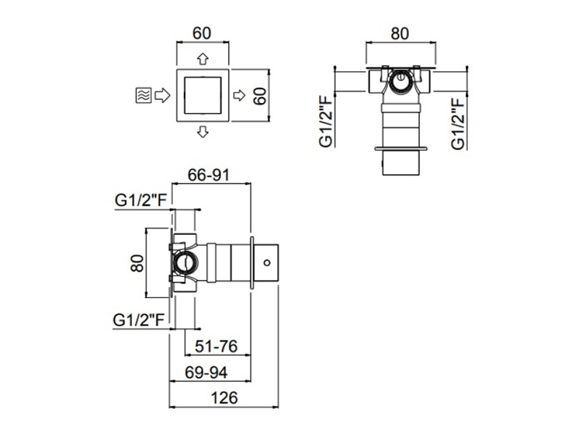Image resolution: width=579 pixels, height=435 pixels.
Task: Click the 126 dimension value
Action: [224, 398]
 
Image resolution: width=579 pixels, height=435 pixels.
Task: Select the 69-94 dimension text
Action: [206, 373]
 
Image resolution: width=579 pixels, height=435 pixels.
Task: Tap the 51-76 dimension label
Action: [216, 347]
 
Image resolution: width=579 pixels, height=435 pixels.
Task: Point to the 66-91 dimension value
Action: [208, 175]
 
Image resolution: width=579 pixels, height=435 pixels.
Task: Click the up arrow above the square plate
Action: [203, 59]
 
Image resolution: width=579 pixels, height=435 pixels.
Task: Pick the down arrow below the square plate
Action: [203, 132]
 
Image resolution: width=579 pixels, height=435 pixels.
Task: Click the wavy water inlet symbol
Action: [143, 96]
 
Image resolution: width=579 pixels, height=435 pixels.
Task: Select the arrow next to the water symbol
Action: [162, 96]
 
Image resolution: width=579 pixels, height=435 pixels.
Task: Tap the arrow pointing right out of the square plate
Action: [240, 96]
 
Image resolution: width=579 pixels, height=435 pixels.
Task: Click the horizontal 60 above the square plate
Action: [202, 33]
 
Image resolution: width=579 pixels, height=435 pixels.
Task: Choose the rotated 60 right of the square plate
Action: [260, 96]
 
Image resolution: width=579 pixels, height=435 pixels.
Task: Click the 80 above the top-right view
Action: [400, 33]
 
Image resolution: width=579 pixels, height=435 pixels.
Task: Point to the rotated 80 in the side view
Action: [137, 263]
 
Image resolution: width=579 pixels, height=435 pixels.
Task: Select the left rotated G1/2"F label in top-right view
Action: [326, 122]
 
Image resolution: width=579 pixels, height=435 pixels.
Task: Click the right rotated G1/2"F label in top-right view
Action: [458, 123]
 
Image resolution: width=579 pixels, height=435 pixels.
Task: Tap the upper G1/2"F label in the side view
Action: [141, 200]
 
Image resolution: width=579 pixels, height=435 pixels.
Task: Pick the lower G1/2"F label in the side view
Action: [138, 320]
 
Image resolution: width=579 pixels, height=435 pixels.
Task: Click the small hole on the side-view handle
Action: [267, 263]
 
